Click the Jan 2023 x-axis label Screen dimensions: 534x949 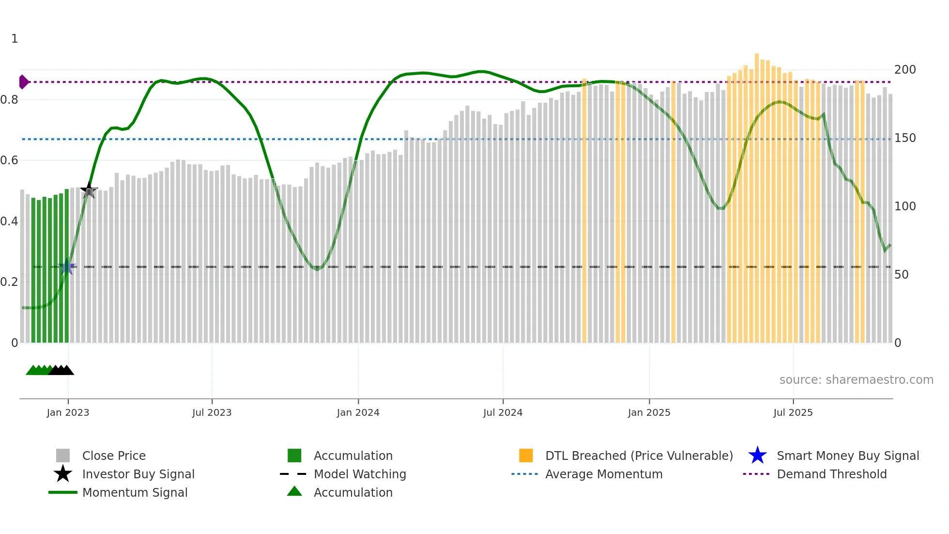pyautogui.click(x=68, y=412)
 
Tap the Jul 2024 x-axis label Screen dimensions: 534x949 pyautogui.click(x=503, y=412)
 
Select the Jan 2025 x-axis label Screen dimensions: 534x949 pyautogui.click(x=649, y=412)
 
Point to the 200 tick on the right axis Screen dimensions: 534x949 pyautogui.click(x=904, y=70)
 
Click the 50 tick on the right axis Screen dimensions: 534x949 pyautogui.click(x=901, y=275)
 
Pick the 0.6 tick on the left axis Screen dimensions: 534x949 pyautogui.click(x=9, y=160)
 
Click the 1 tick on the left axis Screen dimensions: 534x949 pyautogui.click(x=15, y=39)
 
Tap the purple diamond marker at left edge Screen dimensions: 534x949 pyautogui.click(x=23, y=82)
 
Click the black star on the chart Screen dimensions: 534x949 pyautogui.click(x=89, y=190)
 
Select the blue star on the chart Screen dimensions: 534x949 pyautogui.click(x=67, y=267)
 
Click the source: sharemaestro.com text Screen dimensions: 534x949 pyautogui.click(x=856, y=380)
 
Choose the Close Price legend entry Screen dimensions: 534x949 pyautogui.click(x=114, y=455)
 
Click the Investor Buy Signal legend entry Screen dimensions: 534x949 pyautogui.click(x=138, y=474)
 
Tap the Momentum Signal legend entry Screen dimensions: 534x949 pyautogui.click(x=135, y=492)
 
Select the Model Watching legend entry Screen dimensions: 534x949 pyautogui.click(x=360, y=474)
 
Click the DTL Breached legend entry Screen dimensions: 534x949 pyautogui.click(x=639, y=455)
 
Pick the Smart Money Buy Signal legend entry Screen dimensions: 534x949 pyautogui.click(x=847, y=455)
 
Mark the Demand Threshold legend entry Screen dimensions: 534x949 pyautogui.click(x=831, y=474)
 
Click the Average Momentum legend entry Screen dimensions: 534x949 pyautogui.click(x=603, y=474)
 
